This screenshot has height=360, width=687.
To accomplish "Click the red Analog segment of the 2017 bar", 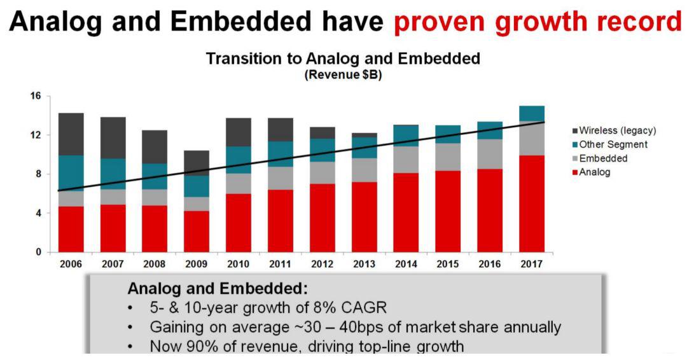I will [x=532, y=204].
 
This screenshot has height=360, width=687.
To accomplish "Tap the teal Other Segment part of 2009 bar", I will [x=196, y=186].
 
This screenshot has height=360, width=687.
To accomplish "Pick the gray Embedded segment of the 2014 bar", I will [x=406, y=160].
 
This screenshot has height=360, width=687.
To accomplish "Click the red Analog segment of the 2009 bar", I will [x=196, y=232].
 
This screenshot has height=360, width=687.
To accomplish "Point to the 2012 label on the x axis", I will [x=322, y=264].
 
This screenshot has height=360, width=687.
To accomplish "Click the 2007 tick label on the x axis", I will [x=112, y=264].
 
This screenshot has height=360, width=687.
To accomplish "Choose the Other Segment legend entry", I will [x=613, y=144].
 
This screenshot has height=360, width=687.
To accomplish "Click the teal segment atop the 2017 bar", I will [x=532, y=113].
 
